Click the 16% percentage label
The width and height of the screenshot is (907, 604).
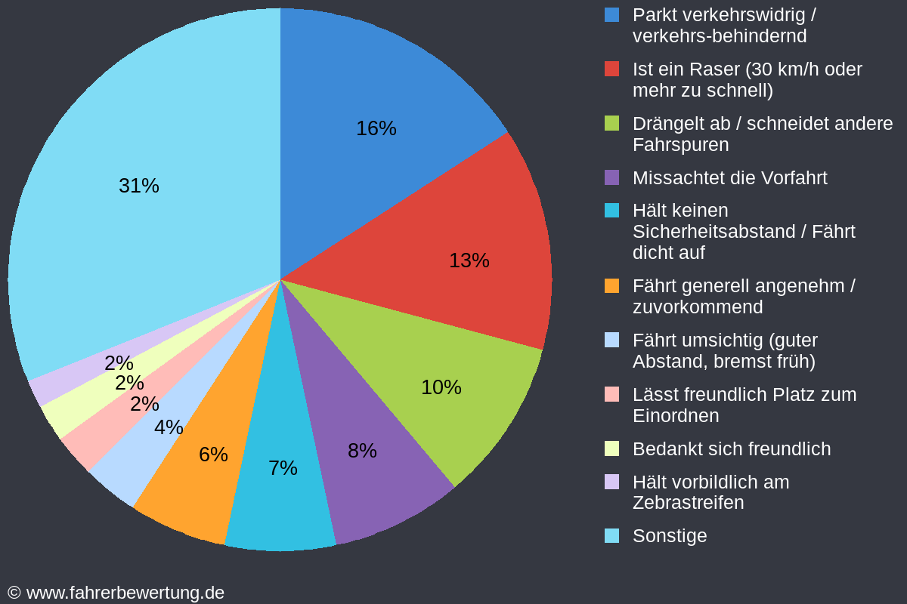click(x=376, y=128)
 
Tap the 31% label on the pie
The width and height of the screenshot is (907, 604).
click(x=139, y=186)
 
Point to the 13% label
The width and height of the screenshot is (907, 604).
click(x=469, y=260)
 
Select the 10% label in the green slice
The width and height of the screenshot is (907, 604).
click(x=441, y=387)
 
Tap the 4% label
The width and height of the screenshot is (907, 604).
click(x=169, y=427)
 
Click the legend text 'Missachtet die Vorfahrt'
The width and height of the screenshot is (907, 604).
click(x=729, y=178)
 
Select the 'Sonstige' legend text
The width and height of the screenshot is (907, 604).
click(x=670, y=536)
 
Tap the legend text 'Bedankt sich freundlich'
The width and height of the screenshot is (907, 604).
click(x=731, y=449)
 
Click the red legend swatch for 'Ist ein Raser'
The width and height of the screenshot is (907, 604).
click(x=612, y=69)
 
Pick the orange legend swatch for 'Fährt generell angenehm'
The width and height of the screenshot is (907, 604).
click(x=612, y=286)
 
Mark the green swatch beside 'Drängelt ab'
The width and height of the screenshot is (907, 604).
click(x=612, y=123)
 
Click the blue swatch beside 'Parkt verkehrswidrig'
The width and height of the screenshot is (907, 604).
click(x=612, y=14)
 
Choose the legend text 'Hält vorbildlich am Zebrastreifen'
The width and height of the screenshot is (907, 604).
click(x=710, y=492)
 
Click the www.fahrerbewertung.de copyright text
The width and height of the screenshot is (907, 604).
click(x=116, y=593)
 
